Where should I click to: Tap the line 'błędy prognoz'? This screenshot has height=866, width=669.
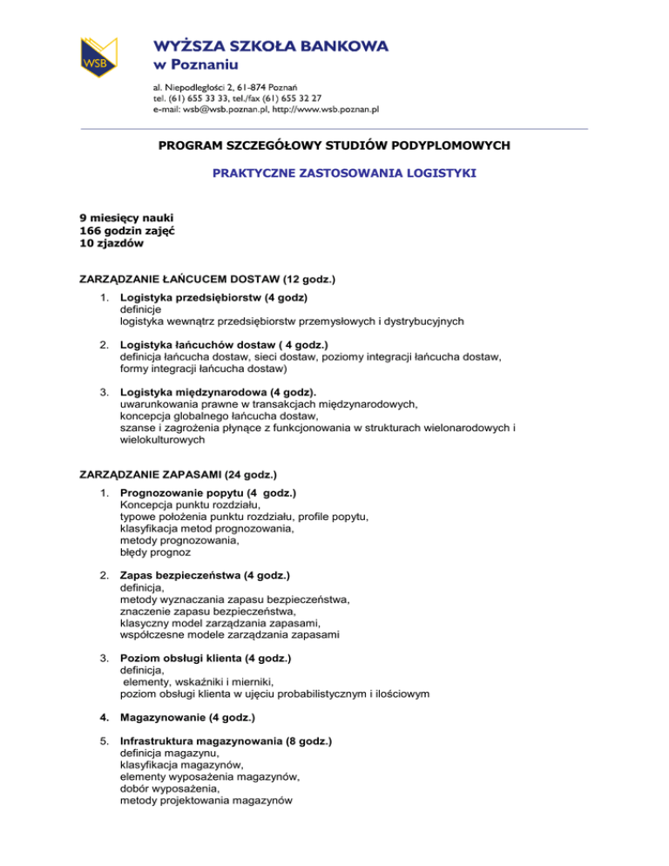tap(155, 551)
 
